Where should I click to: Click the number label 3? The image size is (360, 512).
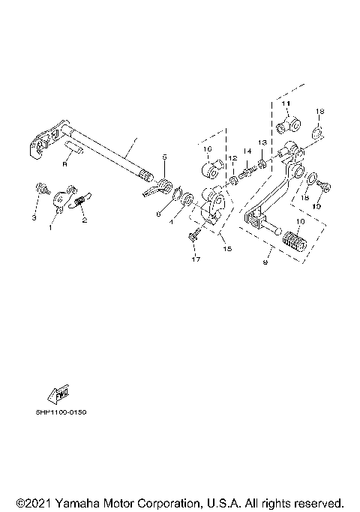(x=34, y=218)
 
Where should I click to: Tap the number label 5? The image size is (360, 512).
(x=164, y=158)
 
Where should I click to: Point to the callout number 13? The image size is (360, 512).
(x=262, y=142)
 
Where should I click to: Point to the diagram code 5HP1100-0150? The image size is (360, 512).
(x=61, y=412)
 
